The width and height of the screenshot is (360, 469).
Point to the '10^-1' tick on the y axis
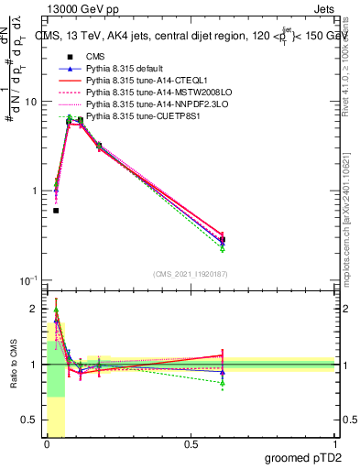[x=27, y=280]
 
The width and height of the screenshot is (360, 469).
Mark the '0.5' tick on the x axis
[x=191, y=444]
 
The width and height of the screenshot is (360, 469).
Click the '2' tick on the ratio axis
[x=34, y=309]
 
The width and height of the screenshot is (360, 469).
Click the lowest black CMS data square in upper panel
[x=56, y=211]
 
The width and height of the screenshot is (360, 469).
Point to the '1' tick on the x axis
[x=335, y=444]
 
